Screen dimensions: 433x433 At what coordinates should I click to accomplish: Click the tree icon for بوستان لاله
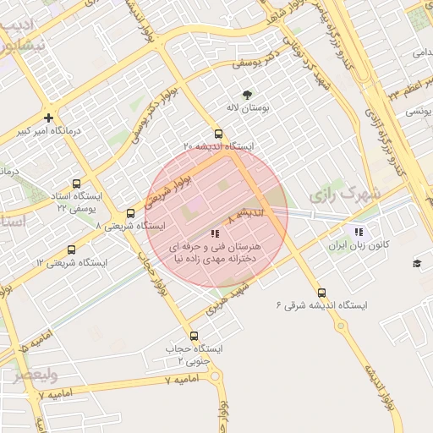pos(247,95)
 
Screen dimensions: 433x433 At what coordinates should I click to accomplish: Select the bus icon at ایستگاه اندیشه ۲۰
pos(219,134)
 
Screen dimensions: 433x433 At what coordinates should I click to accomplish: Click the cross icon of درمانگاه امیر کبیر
pos(49,118)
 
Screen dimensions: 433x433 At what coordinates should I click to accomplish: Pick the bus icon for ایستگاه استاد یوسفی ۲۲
pos(77,184)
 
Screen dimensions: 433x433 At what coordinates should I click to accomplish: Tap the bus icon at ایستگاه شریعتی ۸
pos(130,213)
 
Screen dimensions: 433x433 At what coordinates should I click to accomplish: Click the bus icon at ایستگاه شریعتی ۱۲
pos(71,250)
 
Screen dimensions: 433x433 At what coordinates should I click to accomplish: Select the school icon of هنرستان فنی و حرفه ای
pos(215,233)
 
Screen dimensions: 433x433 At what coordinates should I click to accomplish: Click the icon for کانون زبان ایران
pos(359,231)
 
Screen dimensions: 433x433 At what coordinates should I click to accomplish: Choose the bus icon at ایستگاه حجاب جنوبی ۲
pos(195,336)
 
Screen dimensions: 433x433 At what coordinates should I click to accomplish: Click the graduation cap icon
pos(417,264)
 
